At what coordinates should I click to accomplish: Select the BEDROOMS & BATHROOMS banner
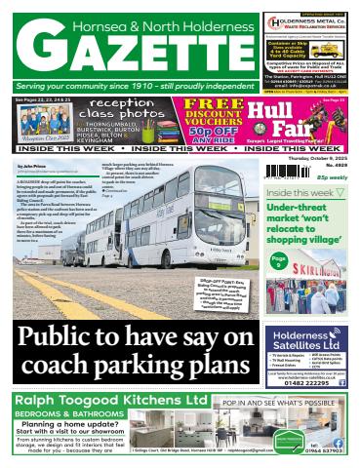tap(68, 414)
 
